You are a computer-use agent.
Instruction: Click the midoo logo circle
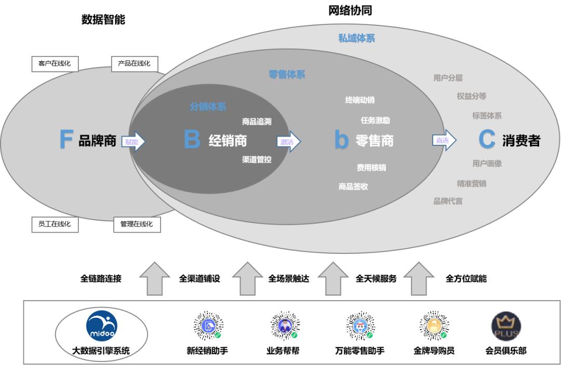pos(102,326)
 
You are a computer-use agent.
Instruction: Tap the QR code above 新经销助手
pos(208,326)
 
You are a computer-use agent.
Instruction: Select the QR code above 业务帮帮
pos(283,326)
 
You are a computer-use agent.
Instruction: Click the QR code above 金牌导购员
pos(434,326)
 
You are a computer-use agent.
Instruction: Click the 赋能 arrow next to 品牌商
pos(133,141)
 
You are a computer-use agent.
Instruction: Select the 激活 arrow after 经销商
pos(288,141)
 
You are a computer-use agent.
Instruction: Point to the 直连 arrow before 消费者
pos(444,140)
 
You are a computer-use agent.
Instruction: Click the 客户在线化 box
pos(55,64)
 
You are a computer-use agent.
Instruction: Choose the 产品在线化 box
pos(134,64)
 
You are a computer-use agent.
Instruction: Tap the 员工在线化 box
pos(55,224)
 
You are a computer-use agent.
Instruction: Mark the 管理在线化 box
pos(137,224)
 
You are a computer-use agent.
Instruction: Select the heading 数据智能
pos(103,20)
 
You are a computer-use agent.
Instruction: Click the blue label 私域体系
pos(356,38)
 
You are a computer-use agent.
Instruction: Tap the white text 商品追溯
pos(257,121)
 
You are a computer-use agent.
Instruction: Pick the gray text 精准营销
pos(471,183)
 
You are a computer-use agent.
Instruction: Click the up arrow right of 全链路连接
pos(155,278)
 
